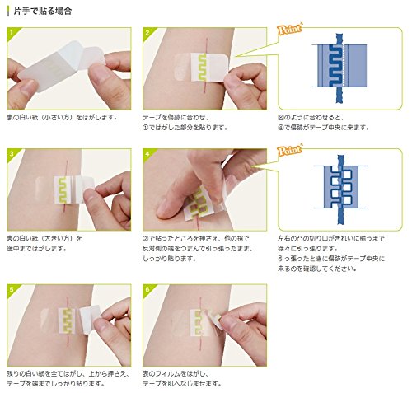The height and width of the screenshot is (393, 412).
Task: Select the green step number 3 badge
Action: coord(12,154)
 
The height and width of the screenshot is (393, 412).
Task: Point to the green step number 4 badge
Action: coord(146,154)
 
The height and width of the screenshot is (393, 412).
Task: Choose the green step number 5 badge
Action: coord(12,289)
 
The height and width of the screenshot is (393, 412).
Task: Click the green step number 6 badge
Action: coord(146,289)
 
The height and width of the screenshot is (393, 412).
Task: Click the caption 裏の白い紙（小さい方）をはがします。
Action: coord(60,117)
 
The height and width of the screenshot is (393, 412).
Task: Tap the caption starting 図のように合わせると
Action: coord(326,123)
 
